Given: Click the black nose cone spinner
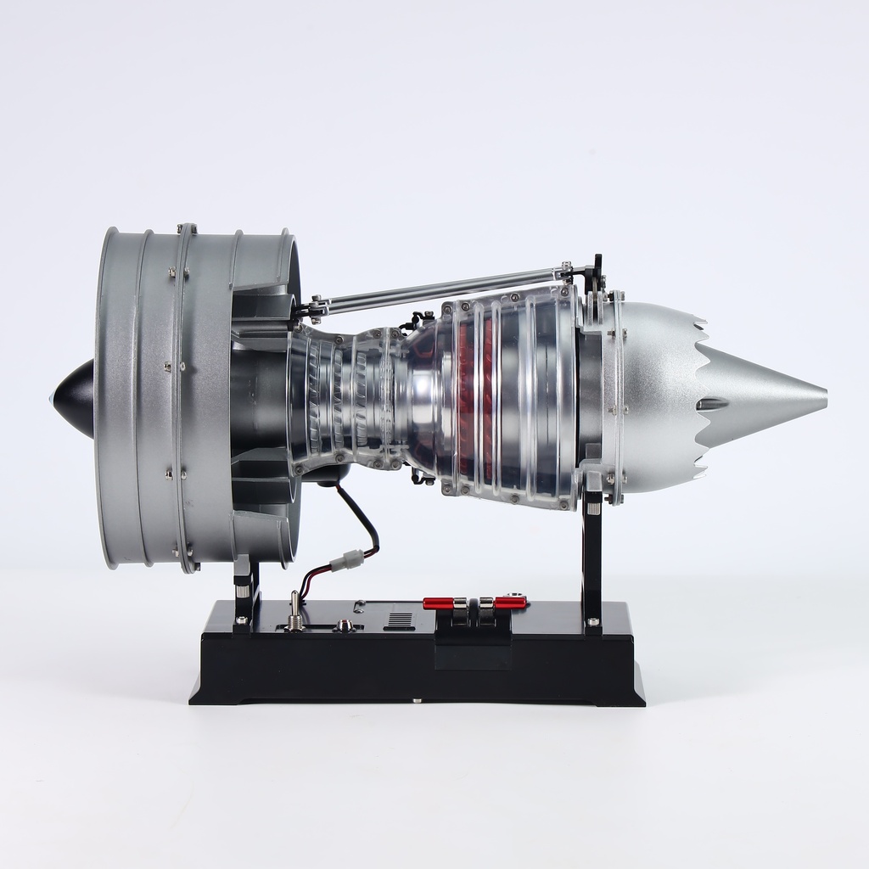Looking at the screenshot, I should point(75,397).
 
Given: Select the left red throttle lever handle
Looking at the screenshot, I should point(438,603).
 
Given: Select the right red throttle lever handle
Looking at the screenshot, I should point(510,603).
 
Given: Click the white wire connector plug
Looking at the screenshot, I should point(350,560).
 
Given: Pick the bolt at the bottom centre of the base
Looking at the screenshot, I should point(416,701).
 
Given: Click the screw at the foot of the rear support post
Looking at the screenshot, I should point(592,624).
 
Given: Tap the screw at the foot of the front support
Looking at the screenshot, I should point(243,620).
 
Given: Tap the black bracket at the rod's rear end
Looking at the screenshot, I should point(597,270).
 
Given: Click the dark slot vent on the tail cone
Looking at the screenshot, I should point(712,405).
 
